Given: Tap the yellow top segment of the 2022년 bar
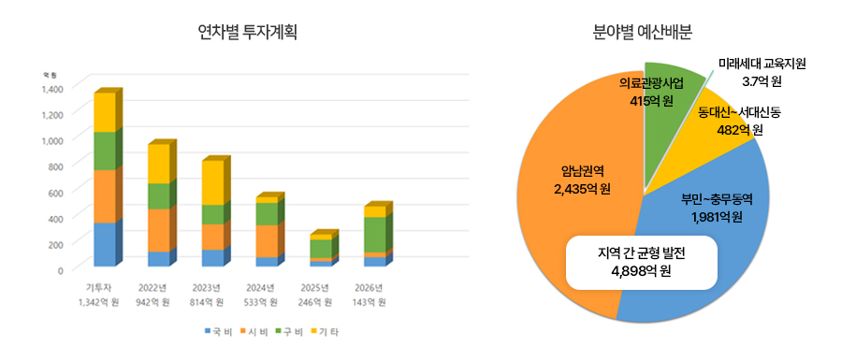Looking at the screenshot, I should [x=159, y=164].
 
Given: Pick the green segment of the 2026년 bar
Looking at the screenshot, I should [x=375, y=234].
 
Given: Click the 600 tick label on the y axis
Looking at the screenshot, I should [x=55, y=192].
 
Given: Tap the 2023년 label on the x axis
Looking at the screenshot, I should [x=206, y=286].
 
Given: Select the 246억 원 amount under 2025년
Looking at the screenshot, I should [x=314, y=302].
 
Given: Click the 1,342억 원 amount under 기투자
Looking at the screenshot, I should [x=96, y=302].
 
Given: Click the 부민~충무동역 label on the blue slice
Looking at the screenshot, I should [x=717, y=199].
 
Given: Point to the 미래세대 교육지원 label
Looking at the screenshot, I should [x=762, y=64].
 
